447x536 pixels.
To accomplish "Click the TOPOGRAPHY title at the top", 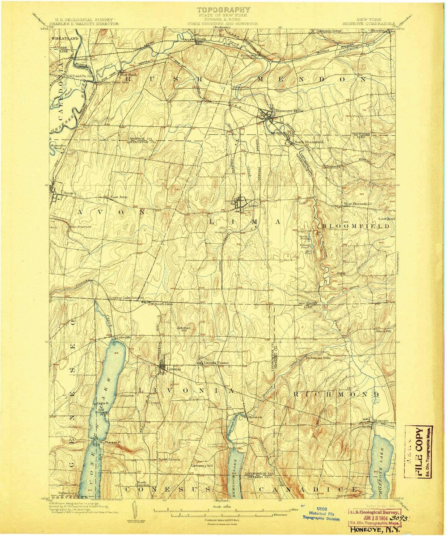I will click(223, 10).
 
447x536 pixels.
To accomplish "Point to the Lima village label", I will click(254, 205).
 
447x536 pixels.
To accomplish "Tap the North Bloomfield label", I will click(308, 142).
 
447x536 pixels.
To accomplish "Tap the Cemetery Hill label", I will click(203, 465).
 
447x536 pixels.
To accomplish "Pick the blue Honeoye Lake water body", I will click(383, 459).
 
